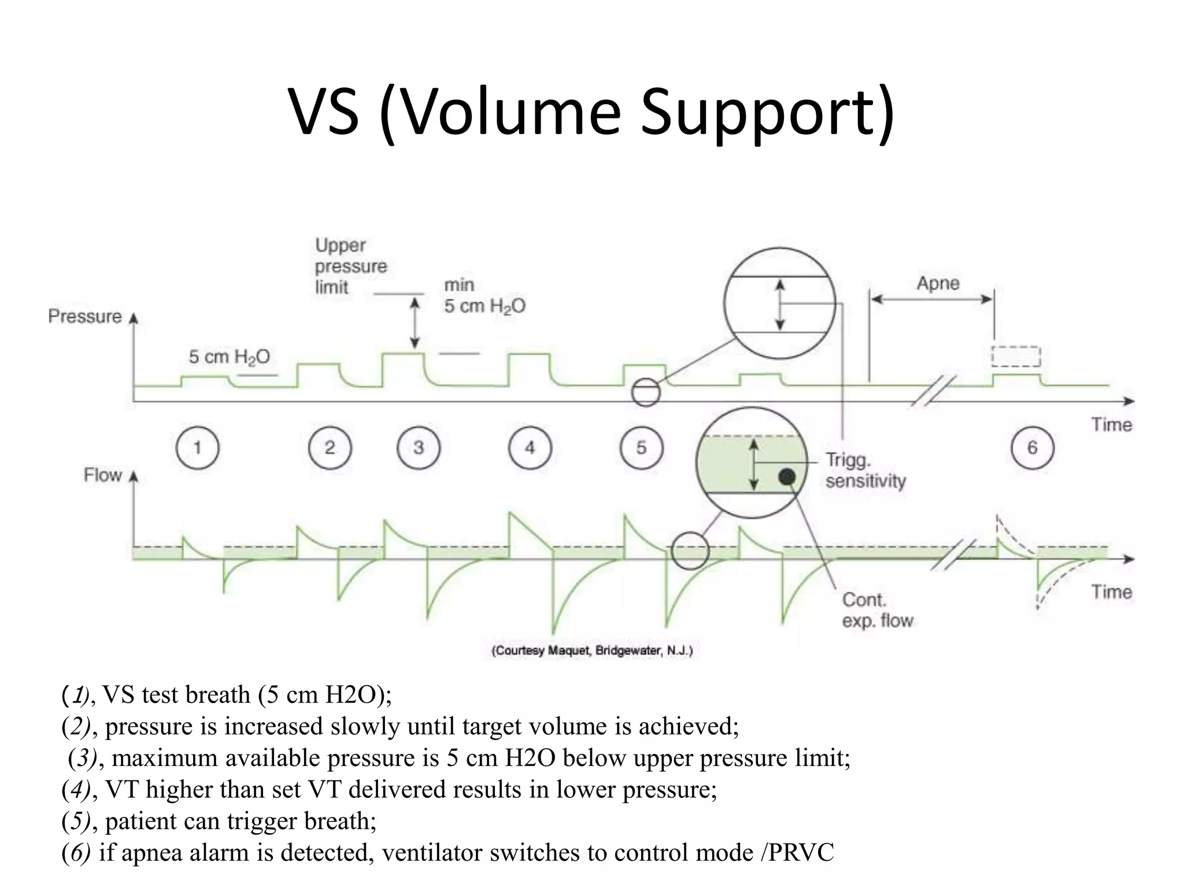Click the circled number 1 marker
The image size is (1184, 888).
(x=197, y=447)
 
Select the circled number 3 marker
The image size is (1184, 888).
(x=419, y=447)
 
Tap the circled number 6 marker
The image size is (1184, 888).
(x=1033, y=447)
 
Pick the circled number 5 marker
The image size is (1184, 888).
(x=641, y=447)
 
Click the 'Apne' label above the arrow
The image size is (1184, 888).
(x=938, y=283)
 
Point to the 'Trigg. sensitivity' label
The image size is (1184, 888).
(x=865, y=471)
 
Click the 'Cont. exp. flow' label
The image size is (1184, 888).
(x=876, y=610)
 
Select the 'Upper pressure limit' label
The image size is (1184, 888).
(x=350, y=266)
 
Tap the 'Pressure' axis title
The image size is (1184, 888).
(x=85, y=316)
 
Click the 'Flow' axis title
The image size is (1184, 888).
(x=102, y=475)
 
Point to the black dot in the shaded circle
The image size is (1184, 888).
(x=787, y=476)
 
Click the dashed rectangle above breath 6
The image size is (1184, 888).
(x=1016, y=357)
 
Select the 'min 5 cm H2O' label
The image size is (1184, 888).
(x=484, y=295)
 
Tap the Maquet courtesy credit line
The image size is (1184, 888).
(x=591, y=651)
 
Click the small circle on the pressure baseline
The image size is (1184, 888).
(x=645, y=393)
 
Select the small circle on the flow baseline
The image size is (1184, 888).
(x=690, y=551)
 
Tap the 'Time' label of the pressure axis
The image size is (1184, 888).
(x=1111, y=424)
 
